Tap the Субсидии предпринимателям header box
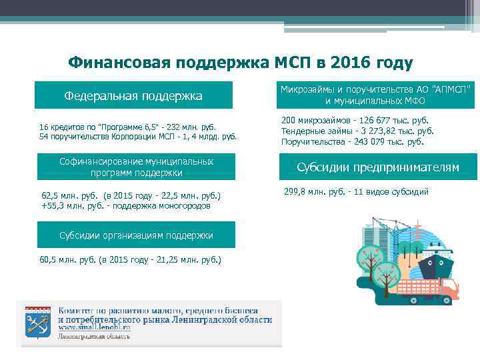(x=378, y=167)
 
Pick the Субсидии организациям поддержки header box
(x=136, y=235)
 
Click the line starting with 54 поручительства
(x=138, y=137)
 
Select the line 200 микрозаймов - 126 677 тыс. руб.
(x=355, y=121)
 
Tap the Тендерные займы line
(x=357, y=131)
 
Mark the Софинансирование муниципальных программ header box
(x=136, y=167)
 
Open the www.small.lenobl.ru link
(x=94, y=327)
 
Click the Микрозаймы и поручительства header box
(x=378, y=95)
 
